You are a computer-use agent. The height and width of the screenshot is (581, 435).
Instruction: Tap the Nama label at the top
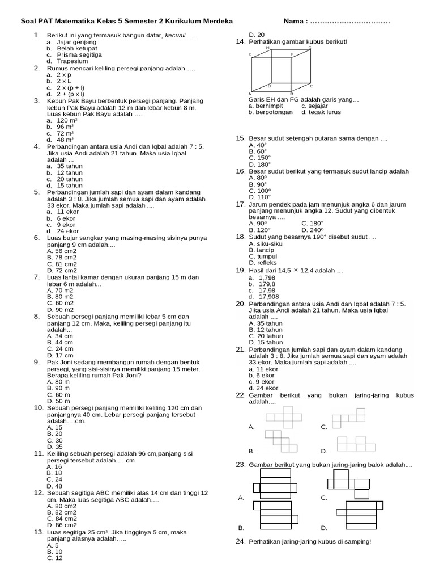pyautogui.click(x=294, y=22)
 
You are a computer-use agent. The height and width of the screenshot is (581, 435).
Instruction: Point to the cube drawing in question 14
pyautogui.click(x=280, y=70)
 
